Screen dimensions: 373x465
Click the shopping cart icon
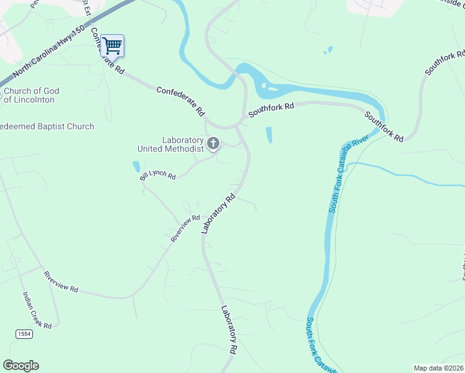pyautogui.click(x=112, y=45)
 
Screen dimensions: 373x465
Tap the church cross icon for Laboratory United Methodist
pyautogui.click(x=213, y=144)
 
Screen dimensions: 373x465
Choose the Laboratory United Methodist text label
pyautogui.click(x=170, y=144)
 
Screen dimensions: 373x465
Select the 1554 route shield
pyautogui.click(x=24, y=334)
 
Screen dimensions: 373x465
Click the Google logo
pyautogui.click(x=21, y=365)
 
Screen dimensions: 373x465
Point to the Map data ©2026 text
pyautogui.click(x=438, y=368)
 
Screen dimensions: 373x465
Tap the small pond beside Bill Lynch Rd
pyautogui.click(x=136, y=167)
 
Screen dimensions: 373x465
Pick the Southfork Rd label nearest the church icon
pyautogui.click(x=271, y=110)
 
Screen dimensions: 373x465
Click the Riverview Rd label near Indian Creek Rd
pyautogui.click(x=60, y=281)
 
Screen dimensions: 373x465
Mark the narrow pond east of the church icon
pyautogui.click(x=269, y=135)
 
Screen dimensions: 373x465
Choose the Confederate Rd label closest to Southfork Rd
pyautogui.click(x=181, y=101)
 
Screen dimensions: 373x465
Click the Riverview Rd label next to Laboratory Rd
pyautogui.click(x=186, y=228)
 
